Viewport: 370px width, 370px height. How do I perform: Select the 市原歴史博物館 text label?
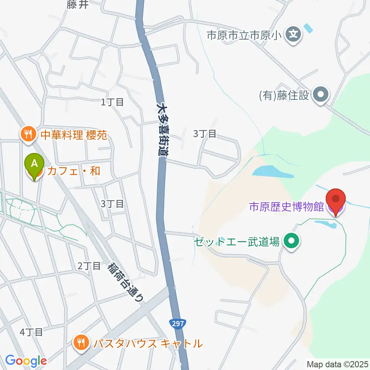point(286,207)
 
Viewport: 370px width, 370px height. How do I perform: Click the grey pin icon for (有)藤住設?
point(320,94)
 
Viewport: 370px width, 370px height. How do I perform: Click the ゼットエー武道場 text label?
point(236,242)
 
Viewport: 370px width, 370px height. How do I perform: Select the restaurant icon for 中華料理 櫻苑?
point(28,135)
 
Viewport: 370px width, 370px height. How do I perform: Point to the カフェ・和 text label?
point(73,171)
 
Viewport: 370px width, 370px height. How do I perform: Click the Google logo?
point(25,361)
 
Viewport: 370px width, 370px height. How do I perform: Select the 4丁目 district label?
point(32,332)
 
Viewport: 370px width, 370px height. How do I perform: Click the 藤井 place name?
point(77,5)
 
